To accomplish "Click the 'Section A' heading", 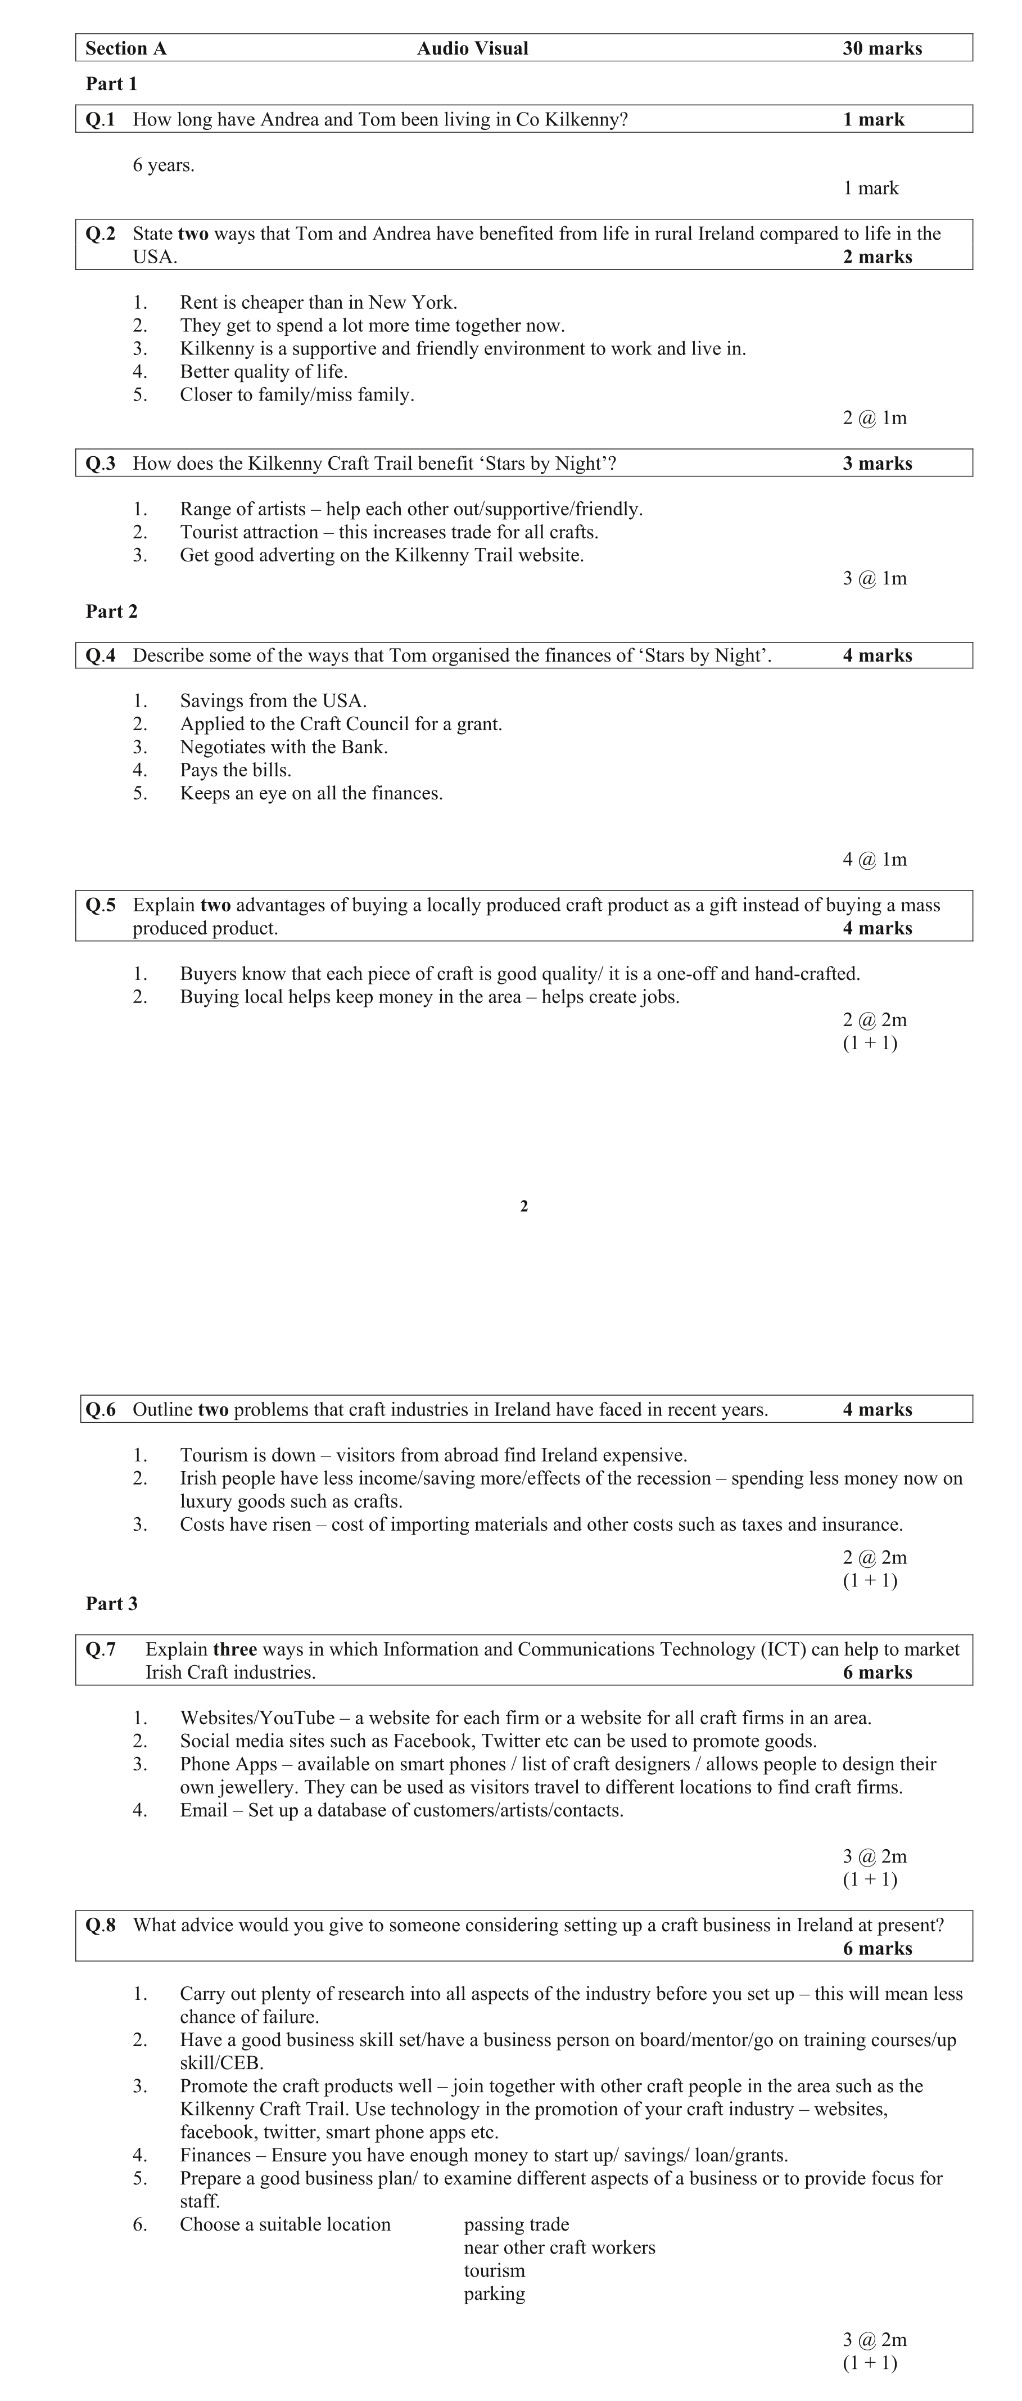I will (126, 48).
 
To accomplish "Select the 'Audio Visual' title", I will (472, 48).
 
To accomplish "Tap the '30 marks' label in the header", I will (881, 48).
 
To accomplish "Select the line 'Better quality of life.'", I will (264, 371).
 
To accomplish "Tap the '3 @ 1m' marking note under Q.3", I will (874, 578).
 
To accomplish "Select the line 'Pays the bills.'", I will (236, 770).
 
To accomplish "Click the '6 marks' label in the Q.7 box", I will (876, 1672).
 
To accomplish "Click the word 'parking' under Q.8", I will (494, 2294).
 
